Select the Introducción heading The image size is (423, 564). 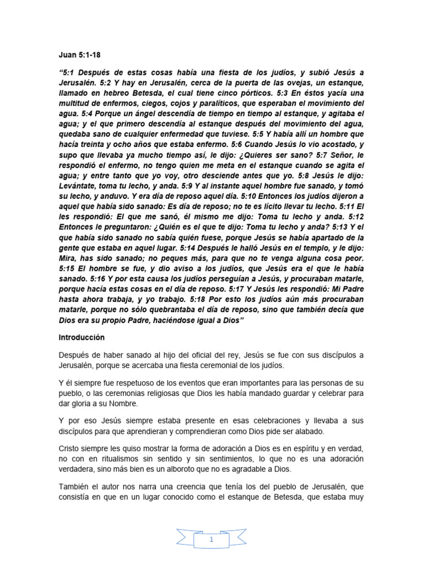83,337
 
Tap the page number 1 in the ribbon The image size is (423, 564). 211,540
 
